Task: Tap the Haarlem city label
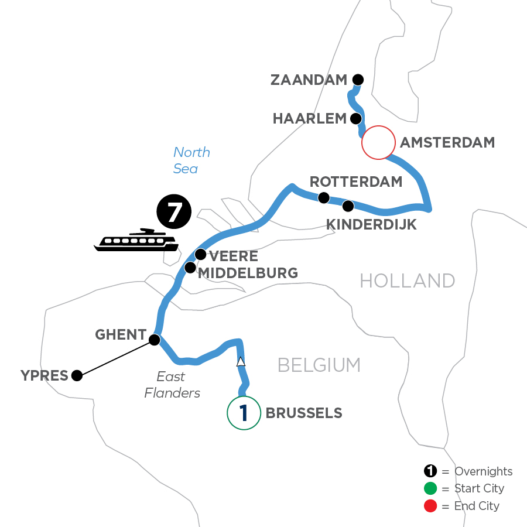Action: pos(310,119)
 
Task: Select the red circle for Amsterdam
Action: pos(378,142)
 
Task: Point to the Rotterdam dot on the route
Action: pos(323,198)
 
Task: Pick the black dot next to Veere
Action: pos(200,254)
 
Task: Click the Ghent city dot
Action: pos(155,340)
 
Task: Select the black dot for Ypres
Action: pos(77,376)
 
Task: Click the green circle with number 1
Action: pos(243,413)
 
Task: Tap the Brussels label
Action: pos(304,413)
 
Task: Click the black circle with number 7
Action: pos(174,213)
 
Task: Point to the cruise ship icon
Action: pos(136,240)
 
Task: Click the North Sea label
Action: pos(191,160)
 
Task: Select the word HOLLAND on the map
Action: pos(407,281)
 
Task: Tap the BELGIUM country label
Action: pos(319,365)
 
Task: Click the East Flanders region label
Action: pos(172,385)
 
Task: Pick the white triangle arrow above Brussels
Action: pos(240,362)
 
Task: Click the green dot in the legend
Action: pos(431,488)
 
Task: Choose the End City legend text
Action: pos(477,505)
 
